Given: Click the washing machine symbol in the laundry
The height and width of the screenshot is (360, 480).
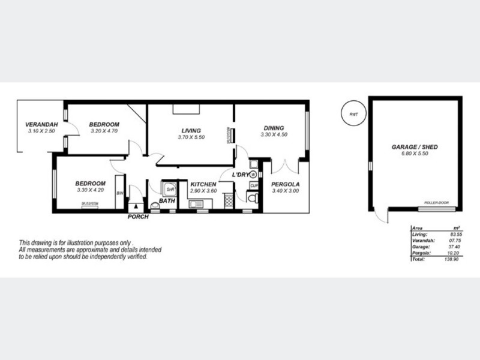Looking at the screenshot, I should (253, 175).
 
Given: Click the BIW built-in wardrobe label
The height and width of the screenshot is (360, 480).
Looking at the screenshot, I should (120, 193).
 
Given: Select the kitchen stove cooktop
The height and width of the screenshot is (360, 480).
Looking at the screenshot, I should (228, 201).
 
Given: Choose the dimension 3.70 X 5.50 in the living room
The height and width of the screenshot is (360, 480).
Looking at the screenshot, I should (191, 137).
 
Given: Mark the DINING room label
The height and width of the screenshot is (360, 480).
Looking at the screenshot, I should (273, 128).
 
